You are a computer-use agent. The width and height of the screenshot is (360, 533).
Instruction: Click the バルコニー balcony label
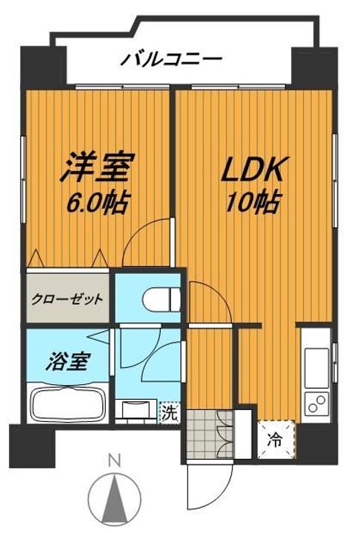point(171,58)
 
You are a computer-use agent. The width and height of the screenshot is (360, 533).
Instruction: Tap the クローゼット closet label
point(67,299)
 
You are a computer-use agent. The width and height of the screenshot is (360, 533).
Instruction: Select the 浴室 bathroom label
point(71,362)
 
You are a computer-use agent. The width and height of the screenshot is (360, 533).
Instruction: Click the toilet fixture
point(162,300)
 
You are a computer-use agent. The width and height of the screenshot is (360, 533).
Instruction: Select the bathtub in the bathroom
point(68,403)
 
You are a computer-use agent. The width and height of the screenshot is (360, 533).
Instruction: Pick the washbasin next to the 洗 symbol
point(135,410)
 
